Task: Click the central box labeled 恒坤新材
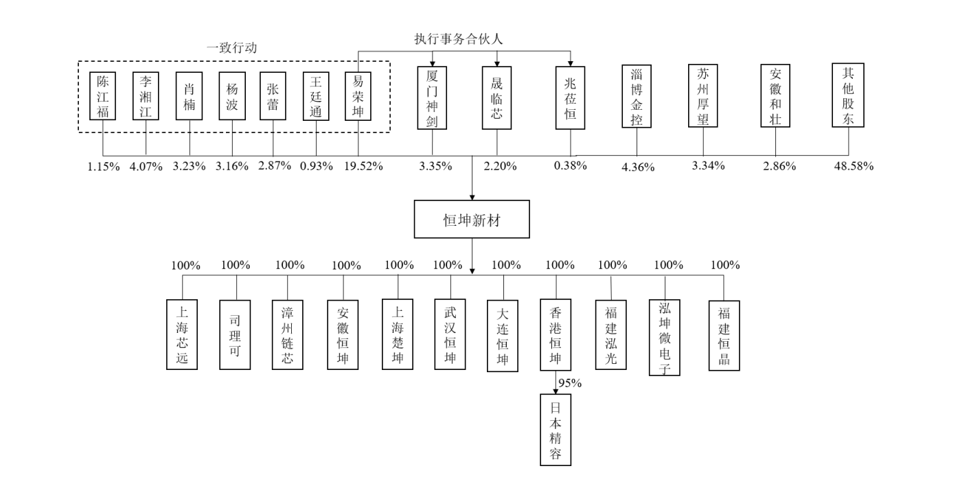click(x=472, y=219)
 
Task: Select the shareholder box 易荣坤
click(x=358, y=96)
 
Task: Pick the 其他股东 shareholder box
click(x=848, y=95)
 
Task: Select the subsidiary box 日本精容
click(x=556, y=430)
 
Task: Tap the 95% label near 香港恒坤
click(x=570, y=383)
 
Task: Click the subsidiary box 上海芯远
click(x=182, y=334)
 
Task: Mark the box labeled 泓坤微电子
click(x=665, y=336)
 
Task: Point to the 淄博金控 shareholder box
click(x=637, y=96)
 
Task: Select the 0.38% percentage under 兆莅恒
click(x=571, y=165)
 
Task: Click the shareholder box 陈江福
click(x=103, y=96)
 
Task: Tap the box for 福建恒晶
click(x=724, y=334)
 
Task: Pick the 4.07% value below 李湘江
click(x=145, y=165)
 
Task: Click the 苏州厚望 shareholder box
click(x=703, y=96)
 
